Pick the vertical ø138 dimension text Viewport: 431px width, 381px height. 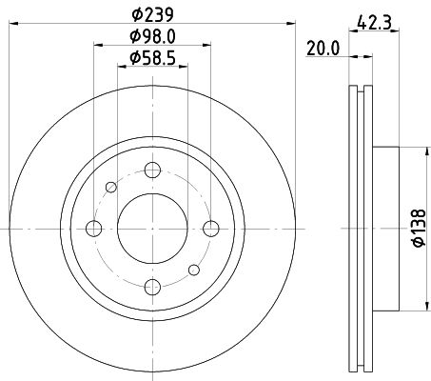pyautogui.click(x=418, y=229)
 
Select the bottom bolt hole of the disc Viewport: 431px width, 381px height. pyautogui.click(x=150, y=285)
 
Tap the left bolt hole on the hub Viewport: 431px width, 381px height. pyautogui.click(x=93, y=228)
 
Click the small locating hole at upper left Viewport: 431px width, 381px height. pyautogui.click(x=111, y=187)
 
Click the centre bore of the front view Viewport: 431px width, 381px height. pyautogui.click(x=150, y=228)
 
